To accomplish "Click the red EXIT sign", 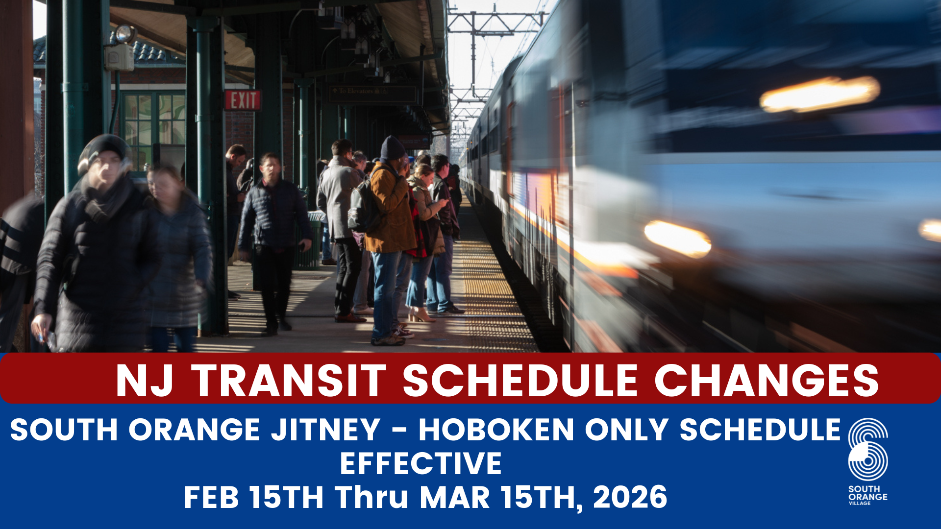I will tap(243, 100).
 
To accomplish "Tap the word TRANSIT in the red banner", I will tap(289, 381).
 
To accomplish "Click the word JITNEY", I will tap(326, 430).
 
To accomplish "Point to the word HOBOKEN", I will tap(496, 430).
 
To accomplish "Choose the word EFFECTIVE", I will tap(421, 463).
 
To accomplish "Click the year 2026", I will tap(630, 497).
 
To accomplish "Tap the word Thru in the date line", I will tap(371, 497).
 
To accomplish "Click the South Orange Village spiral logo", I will tap(868, 449).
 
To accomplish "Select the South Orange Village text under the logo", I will tap(867, 495).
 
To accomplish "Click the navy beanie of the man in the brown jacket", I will tap(392, 147).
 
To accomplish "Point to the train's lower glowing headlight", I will tap(677, 239).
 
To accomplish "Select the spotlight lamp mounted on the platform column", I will tap(124, 34).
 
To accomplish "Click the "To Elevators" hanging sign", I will tap(371, 92).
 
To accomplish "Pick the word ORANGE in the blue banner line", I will tap(194, 430).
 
